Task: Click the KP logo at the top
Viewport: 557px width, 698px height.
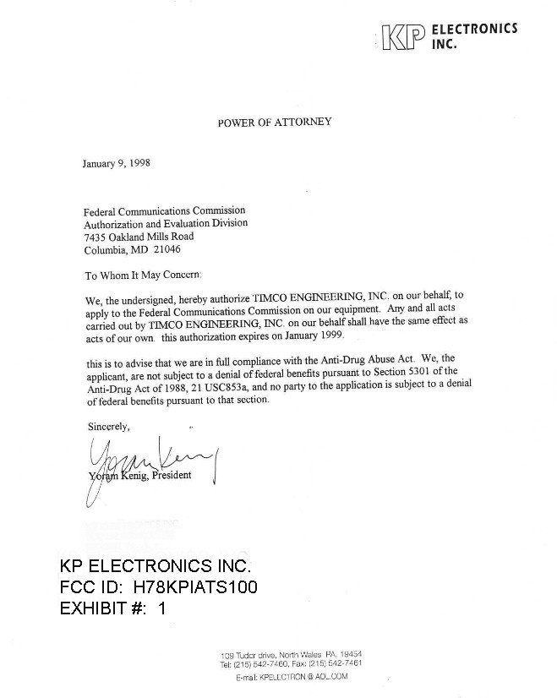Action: pos(401,37)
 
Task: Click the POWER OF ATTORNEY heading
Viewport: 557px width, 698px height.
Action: pos(275,122)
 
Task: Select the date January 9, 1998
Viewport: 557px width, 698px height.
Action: pos(116,163)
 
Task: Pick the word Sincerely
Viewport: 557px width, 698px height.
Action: pos(109,428)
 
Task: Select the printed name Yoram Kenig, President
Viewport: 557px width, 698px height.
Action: pos(140,475)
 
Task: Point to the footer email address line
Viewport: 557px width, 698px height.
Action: pos(292,676)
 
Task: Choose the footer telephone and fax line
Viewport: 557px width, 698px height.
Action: pos(292,664)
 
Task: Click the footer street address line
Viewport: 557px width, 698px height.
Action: pos(292,654)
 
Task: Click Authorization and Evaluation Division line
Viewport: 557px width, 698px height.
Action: pos(166,224)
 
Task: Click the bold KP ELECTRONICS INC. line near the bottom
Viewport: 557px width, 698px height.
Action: pos(156,565)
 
